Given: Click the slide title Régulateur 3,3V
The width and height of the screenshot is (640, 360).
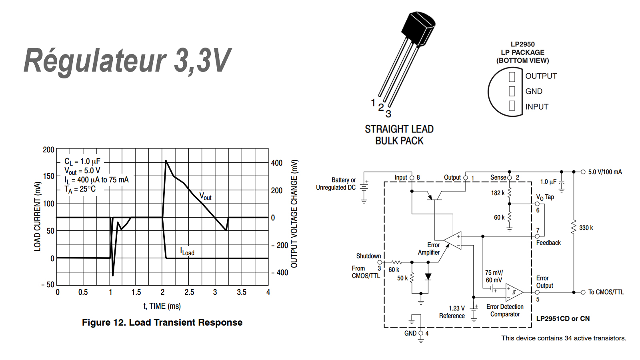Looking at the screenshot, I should click(127, 61).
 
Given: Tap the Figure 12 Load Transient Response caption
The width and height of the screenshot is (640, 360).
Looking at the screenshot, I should click(162, 322).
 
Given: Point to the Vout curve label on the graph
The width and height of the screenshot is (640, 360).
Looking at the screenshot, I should click(206, 196).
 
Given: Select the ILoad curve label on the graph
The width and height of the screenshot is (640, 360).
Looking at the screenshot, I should click(187, 252).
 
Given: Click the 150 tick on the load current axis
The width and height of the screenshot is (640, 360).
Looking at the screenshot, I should click(48, 176).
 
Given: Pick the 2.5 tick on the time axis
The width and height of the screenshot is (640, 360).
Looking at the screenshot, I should click(189, 292).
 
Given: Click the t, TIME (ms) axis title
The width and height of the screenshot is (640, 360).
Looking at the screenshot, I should click(162, 306).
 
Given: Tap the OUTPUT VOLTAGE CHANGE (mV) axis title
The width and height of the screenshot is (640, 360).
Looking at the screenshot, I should click(294, 214).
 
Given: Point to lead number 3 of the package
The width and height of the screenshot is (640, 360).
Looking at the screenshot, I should click(388, 114).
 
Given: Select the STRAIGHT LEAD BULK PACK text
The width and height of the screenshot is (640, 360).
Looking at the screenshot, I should click(399, 135).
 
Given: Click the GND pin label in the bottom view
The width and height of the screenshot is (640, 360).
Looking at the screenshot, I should click(534, 91).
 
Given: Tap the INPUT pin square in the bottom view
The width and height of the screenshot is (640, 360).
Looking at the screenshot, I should click(512, 106).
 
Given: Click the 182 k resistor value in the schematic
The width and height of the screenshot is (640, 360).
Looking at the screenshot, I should click(498, 193).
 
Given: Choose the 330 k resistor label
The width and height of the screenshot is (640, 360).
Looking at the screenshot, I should click(586, 228).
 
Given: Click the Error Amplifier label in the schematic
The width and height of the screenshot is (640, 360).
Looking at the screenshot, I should click(429, 248).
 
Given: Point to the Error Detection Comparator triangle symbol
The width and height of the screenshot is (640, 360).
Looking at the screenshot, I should click(514, 292).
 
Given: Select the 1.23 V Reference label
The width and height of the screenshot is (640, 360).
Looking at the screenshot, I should click(452, 312).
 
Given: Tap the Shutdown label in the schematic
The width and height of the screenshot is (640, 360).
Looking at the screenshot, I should click(368, 256).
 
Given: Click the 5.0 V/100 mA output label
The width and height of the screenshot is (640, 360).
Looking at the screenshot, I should click(605, 172).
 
